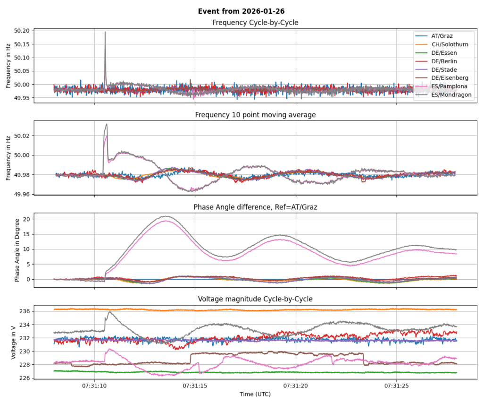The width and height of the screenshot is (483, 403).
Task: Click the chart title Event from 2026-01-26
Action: click(241, 11)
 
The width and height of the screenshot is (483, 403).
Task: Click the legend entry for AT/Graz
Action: click(441, 36)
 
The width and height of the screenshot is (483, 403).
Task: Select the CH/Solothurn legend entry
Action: click(450, 44)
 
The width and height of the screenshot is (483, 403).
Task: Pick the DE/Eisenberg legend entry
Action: click(450, 78)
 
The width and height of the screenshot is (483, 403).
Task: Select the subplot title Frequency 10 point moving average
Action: click(255, 115)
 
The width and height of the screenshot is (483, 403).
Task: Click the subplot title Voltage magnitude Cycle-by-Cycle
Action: click(255, 299)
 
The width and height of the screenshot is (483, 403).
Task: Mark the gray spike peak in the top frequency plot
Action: click(105, 32)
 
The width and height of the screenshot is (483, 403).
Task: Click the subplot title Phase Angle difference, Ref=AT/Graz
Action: click(255, 207)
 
